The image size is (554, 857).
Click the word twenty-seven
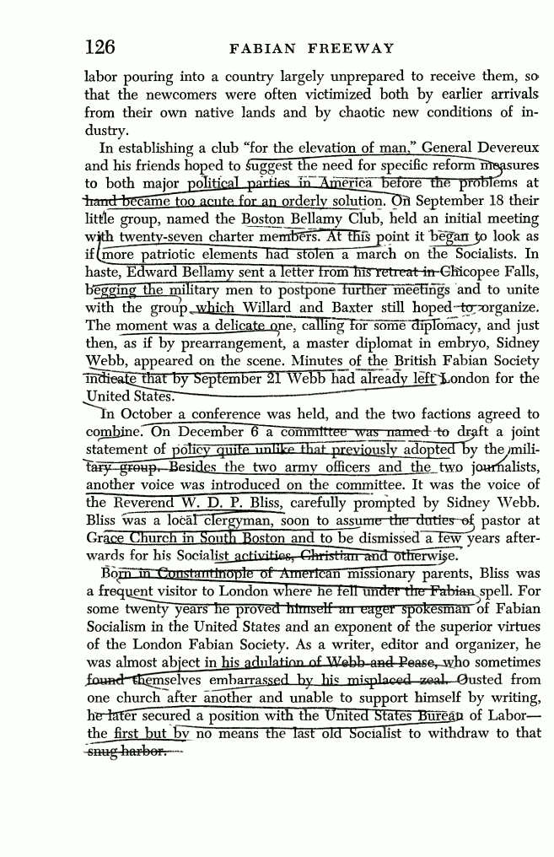pos(153,237)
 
